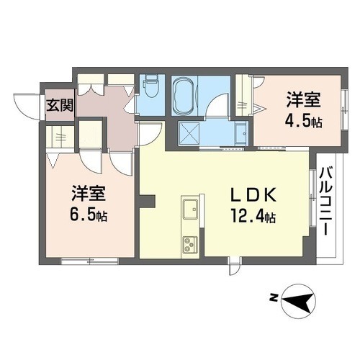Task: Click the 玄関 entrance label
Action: (x=60, y=106)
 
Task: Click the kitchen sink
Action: (x=191, y=210)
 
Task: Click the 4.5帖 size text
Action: (x=305, y=120)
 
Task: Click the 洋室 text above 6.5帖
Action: (x=89, y=193)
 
